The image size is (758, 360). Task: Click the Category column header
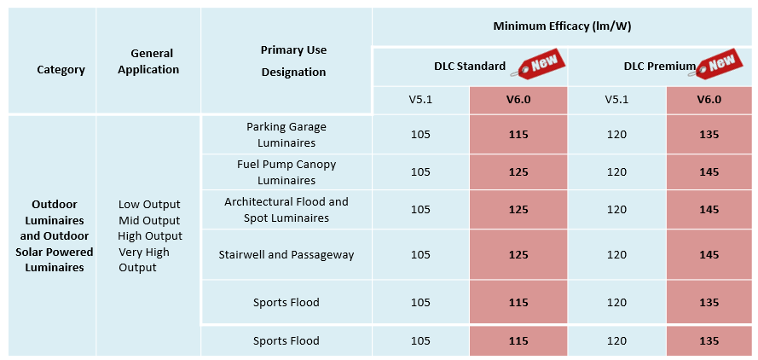point(61,70)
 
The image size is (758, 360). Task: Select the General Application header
point(148,61)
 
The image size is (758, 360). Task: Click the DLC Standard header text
point(470,67)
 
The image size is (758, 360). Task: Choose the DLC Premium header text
point(659,67)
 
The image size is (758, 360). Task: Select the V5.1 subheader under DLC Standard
point(420,99)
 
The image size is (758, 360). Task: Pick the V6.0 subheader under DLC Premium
point(709,99)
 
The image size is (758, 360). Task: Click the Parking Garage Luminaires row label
point(286,135)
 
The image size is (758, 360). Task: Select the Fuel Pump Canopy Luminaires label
point(286,172)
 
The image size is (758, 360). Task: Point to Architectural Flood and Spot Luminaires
point(286,210)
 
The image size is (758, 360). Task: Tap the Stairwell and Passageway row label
point(286,254)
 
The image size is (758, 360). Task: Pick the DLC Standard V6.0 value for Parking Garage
point(518,135)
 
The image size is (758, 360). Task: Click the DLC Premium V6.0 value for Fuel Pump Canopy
point(709,172)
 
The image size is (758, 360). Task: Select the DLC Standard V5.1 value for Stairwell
point(420,254)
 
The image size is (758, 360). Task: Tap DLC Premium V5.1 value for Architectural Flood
point(616,210)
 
